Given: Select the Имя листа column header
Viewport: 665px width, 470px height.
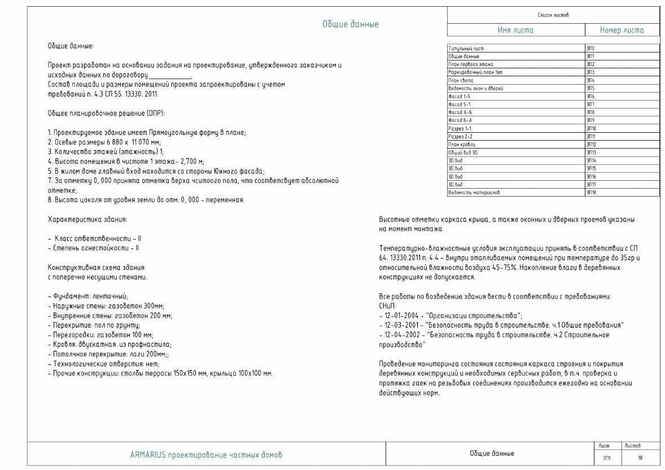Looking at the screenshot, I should coord(515,31).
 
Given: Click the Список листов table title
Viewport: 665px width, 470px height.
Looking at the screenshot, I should coord(553,14).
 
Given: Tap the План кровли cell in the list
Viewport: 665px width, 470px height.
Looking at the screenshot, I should coord(463,145).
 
